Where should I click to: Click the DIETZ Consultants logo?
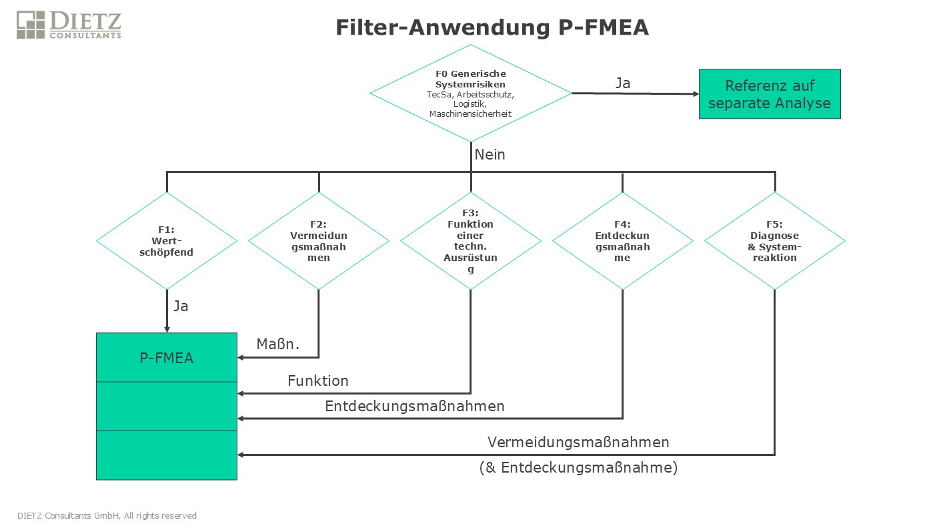click(x=69, y=25)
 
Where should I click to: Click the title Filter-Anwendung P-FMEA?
click(x=492, y=27)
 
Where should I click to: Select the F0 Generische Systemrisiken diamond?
click(x=471, y=93)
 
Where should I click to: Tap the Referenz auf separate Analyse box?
click(x=770, y=94)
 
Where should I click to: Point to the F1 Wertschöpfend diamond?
click(x=167, y=241)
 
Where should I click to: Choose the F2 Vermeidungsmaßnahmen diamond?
click(x=319, y=241)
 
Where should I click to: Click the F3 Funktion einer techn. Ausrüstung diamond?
click(x=471, y=241)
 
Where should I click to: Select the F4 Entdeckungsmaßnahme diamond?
click(x=623, y=241)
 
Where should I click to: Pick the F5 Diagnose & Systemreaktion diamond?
click(x=775, y=241)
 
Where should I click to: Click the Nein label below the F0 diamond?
click(x=490, y=155)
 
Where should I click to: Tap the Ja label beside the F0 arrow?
click(x=623, y=83)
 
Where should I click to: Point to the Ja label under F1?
click(x=181, y=306)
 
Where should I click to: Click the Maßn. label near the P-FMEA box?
click(x=277, y=344)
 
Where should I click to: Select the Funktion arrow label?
click(x=318, y=380)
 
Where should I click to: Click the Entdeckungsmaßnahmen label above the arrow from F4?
click(x=415, y=407)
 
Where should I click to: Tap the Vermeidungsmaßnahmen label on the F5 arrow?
click(x=578, y=443)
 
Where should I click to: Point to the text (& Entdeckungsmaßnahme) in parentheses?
click(x=578, y=468)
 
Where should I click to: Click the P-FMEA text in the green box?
click(x=166, y=358)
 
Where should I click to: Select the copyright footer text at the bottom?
click(x=107, y=516)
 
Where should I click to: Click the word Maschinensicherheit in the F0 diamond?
click(x=471, y=114)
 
